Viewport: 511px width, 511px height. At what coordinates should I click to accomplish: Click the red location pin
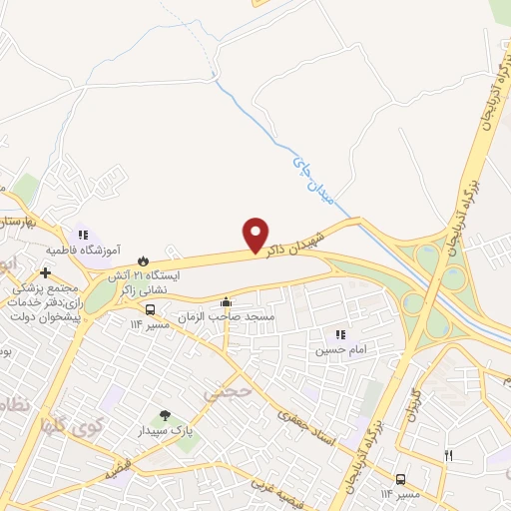point(256,236)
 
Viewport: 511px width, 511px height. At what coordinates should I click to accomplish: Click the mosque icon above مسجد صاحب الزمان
point(227,302)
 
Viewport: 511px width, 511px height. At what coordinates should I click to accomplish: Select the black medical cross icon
point(46,272)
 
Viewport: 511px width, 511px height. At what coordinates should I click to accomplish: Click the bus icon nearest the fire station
point(151,309)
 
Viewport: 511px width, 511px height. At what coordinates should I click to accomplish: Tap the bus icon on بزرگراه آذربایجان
point(400,479)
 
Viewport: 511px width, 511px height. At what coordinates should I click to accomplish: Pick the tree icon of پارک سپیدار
point(165,415)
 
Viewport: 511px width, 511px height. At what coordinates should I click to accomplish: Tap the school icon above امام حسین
point(339,335)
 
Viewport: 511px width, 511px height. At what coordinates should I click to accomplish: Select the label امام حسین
point(339,350)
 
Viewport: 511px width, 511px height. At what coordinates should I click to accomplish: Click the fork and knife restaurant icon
point(449,456)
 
